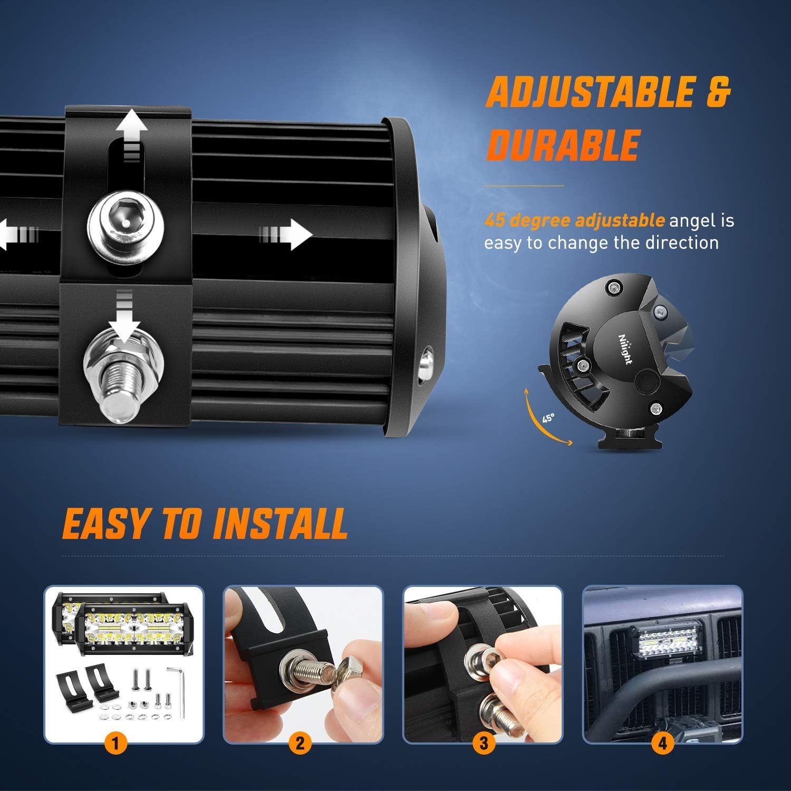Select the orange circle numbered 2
[x=300, y=744]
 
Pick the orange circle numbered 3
[x=484, y=744]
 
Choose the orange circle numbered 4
[x=662, y=744]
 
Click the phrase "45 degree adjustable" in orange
[x=574, y=220]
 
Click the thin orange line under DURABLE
[x=524, y=186]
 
